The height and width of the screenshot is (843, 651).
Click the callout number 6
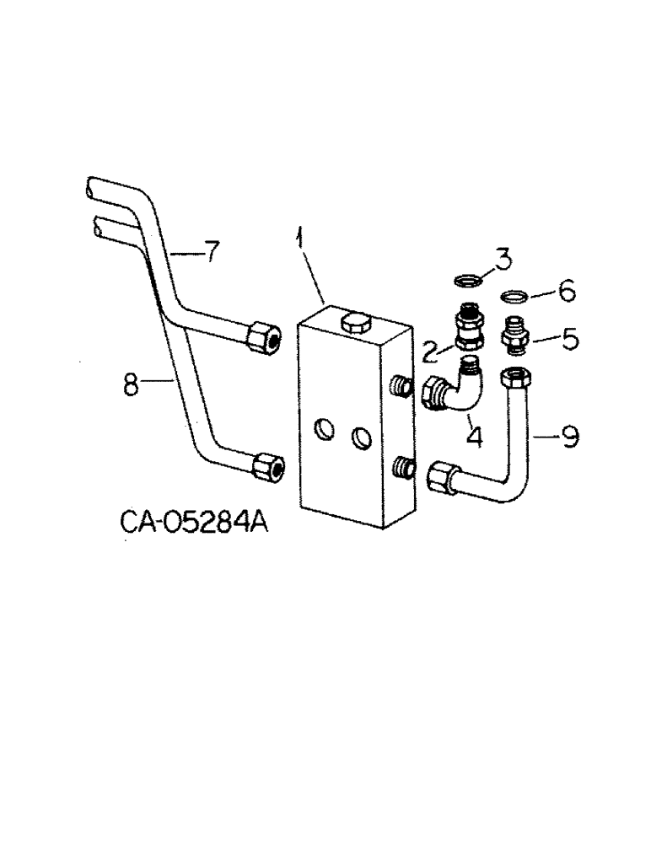(566, 293)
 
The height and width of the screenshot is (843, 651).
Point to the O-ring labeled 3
(466, 281)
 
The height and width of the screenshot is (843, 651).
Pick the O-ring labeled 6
(514, 297)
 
